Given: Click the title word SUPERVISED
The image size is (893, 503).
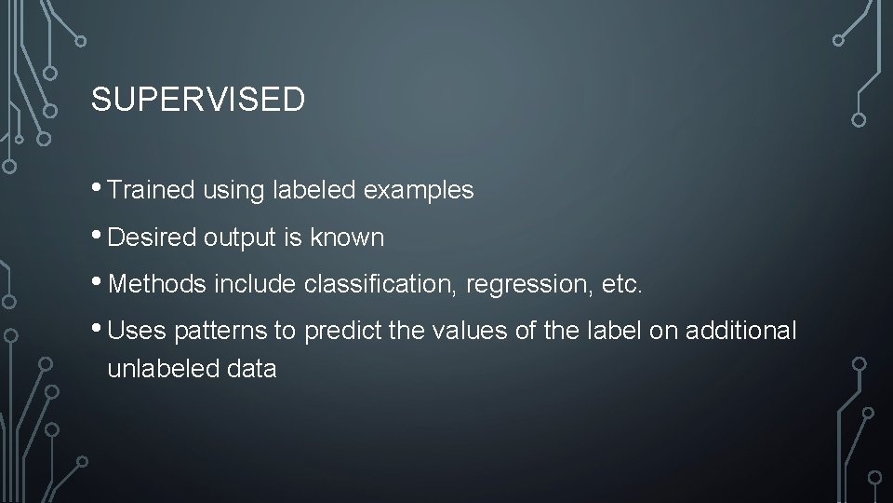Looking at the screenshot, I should (197, 101).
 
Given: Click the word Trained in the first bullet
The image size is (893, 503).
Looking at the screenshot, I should (151, 191).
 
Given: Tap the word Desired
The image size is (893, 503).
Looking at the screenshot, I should (151, 238).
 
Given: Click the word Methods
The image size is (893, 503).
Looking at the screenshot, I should (158, 285).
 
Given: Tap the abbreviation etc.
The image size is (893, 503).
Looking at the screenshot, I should (622, 285).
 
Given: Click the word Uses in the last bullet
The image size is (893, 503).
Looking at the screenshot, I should (136, 332).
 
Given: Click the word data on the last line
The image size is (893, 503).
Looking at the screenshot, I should (250, 369).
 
